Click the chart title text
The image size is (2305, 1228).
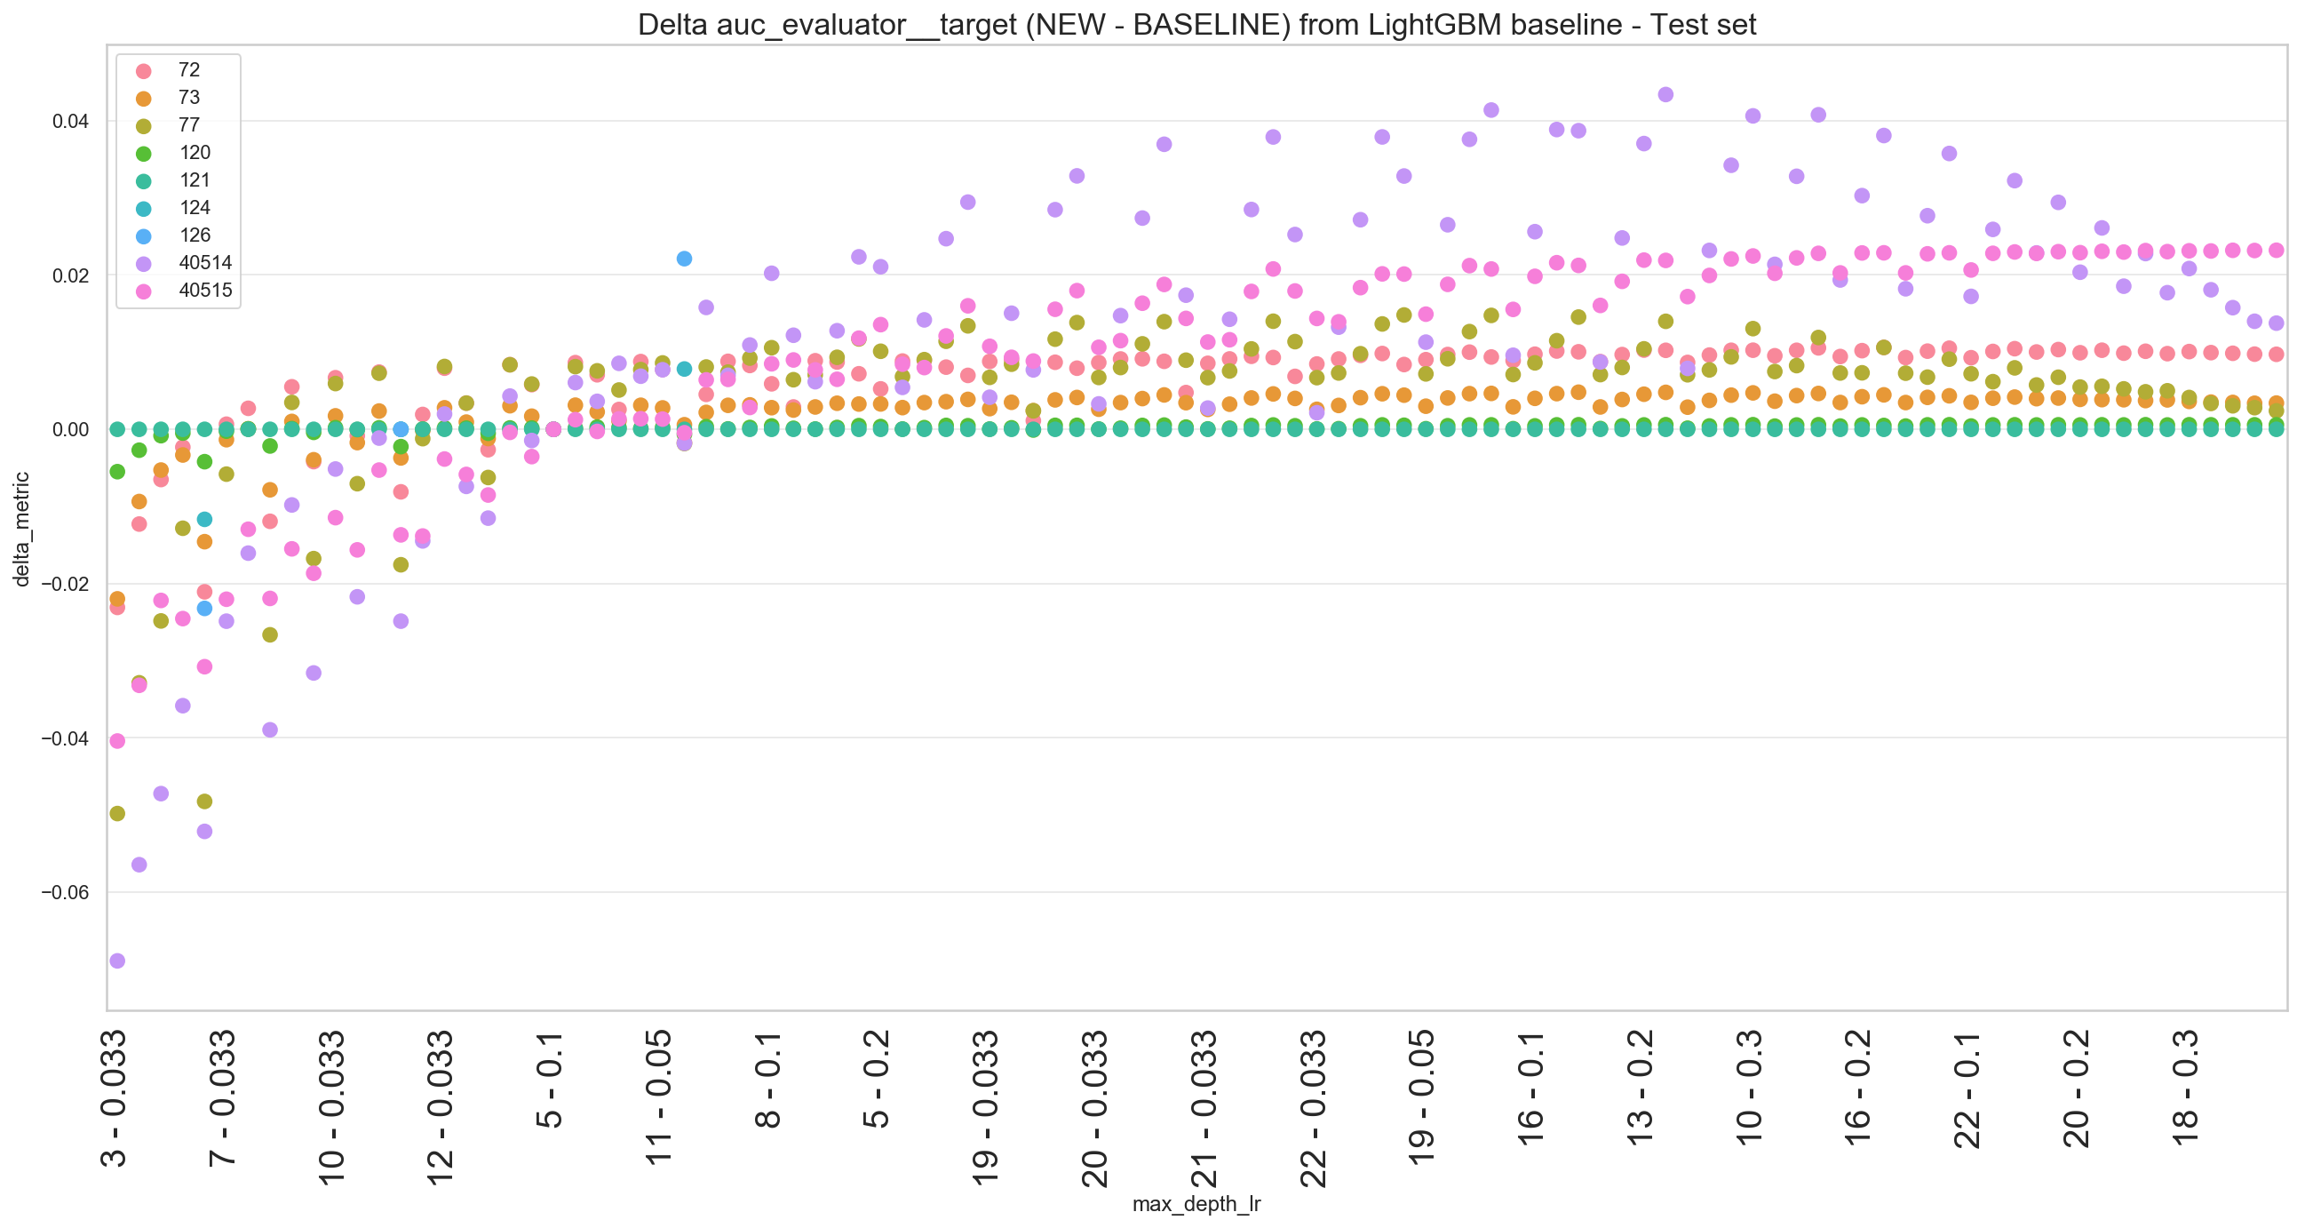pyautogui.click(x=1196, y=24)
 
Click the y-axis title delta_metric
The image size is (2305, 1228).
pyautogui.click(x=21, y=529)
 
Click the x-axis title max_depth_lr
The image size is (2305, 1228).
pyautogui.click(x=1196, y=1204)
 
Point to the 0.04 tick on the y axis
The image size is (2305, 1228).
pyautogui.click(x=71, y=121)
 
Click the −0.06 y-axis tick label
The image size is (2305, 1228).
pyautogui.click(x=66, y=892)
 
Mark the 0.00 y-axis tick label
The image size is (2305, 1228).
pyautogui.click(x=71, y=429)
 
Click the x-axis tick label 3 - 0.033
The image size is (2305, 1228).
pyautogui.click(x=114, y=1099)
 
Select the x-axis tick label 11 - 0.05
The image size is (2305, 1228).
pyautogui.click(x=658, y=1097)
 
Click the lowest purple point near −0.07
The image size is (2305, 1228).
pyautogui.click(x=117, y=961)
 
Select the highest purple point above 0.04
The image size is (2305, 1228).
pyautogui.click(x=1665, y=94)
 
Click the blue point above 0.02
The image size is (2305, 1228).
pyautogui.click(x=685, y=259)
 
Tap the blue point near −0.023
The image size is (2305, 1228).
pyautogui.click(x=204, y=609)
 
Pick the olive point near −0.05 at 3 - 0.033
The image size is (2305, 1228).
pyautogui.click(x=117, y=814)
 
